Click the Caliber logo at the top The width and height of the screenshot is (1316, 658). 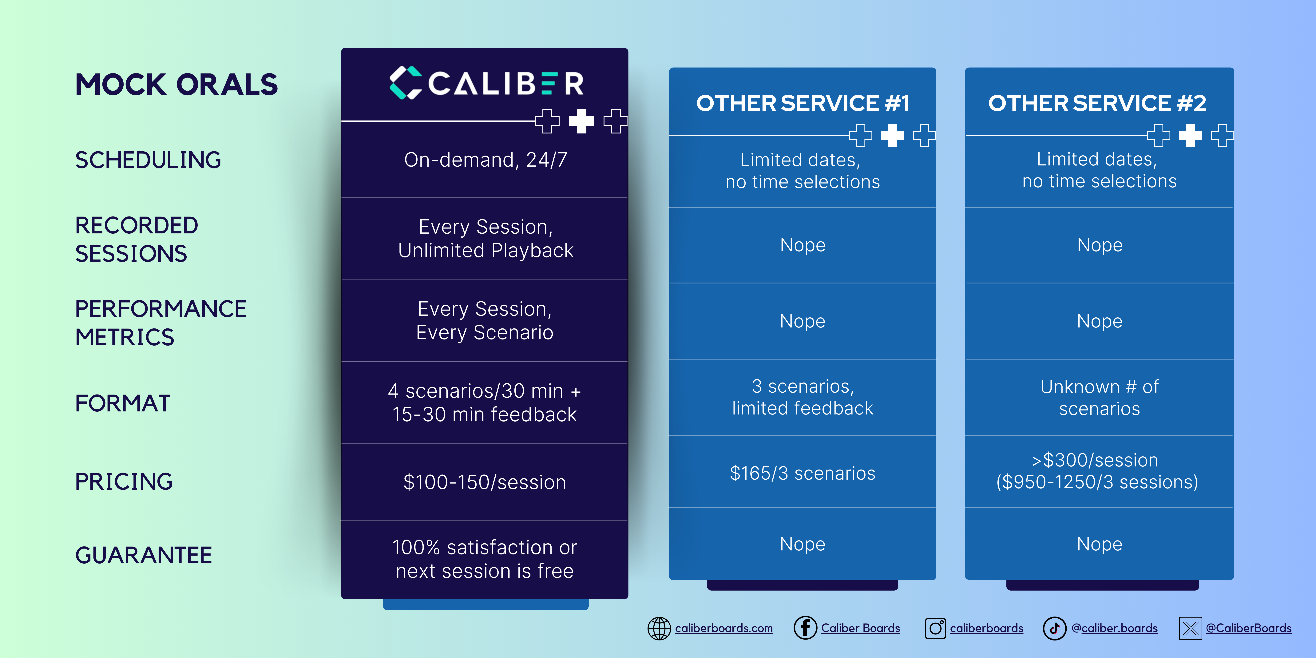pyautogui.click(x=486, y=83)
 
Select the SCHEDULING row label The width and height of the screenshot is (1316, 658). pyautogui.click(x=148, y=160)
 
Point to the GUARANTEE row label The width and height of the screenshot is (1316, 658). pyautogui.click(x=144, y=555)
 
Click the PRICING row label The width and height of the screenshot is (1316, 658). pyautogui.click(x=124, y=481)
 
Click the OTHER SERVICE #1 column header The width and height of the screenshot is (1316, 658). pyautogui.click(x=803, y=103)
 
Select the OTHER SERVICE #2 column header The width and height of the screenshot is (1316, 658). pyautogui.click(x=1097, y=103)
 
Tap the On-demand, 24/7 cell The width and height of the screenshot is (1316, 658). pyautogui.click(x=485, y=160)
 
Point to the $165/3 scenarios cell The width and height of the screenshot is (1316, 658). pyautogui.click(x=803, y=474)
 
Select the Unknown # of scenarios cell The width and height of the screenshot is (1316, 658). pyautogui.click(x=1099, y=398)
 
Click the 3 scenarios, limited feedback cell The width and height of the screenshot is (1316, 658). pyautogui.click(x=803, y=397)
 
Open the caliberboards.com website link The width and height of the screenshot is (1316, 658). pyautogui.click(x=723, y=628)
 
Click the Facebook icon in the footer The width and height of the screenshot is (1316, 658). pyautogui.click(x=805, y=628)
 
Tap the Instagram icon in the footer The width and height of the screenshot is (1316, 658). pyautogui.click(x=935, y=628)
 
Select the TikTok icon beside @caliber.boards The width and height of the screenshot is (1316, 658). pyautogui.click(x=1054, y=628)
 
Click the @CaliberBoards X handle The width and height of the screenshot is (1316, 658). pyautogui.click(x=1249, y=628)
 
